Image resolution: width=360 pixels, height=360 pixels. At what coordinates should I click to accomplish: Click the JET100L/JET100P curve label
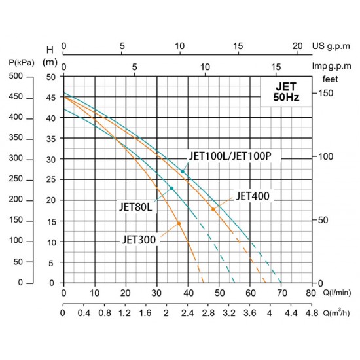(x=230, y=156)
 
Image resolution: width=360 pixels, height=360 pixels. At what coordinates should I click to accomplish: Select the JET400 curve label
(x=253, y=196)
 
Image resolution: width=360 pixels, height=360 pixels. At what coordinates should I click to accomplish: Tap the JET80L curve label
(x=135, y=207)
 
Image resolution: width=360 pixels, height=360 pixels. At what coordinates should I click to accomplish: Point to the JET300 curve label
(x=139, y=240)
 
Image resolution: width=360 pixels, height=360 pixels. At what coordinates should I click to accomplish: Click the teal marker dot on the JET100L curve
(x=183, y=171)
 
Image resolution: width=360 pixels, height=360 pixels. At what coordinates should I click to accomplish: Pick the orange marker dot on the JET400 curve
(x=213, y=209)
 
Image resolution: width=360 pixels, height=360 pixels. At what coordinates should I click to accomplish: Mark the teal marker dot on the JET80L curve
(x=171, y=189)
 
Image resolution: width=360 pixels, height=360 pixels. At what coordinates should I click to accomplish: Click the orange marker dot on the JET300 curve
(x=179, y=223)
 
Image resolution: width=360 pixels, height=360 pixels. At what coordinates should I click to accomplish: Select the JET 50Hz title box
(x=286, y=92)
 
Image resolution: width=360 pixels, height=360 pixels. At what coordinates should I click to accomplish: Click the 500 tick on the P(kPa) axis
(x=16, y=76)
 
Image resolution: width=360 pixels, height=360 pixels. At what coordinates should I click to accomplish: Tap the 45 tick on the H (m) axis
(x=51, y=98)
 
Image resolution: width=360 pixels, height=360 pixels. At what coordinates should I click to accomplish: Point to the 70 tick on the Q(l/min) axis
(x=282, y=293)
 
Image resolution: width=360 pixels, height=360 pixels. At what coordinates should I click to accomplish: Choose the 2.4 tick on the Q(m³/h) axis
(x=187, y=313)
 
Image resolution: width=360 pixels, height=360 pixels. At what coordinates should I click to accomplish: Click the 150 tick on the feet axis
(x=325, y=93)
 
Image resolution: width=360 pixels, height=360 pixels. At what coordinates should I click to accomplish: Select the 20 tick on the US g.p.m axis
(x=297, y=46)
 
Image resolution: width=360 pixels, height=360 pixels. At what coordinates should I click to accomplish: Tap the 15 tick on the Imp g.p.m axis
(x=276, y=67)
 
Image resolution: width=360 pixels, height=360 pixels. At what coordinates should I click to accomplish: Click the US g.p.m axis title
(x=331, y=46)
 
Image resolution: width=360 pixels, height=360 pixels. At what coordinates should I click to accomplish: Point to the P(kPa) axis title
(x=22, y=63)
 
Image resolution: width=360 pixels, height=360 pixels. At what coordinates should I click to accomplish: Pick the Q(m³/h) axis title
(x=336, y=313)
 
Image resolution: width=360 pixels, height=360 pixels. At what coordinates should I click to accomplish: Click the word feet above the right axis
(x=330, y=79)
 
